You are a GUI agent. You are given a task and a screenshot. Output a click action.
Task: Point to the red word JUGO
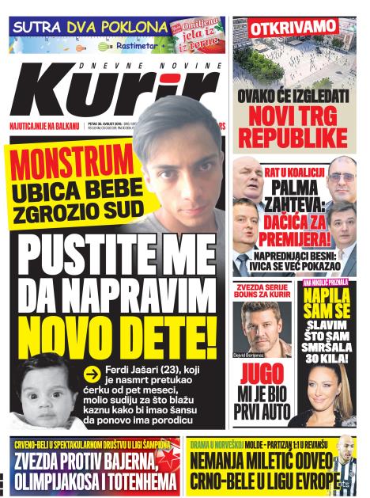[262, 374]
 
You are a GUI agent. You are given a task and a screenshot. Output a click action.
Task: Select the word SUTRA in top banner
[39, 25]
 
